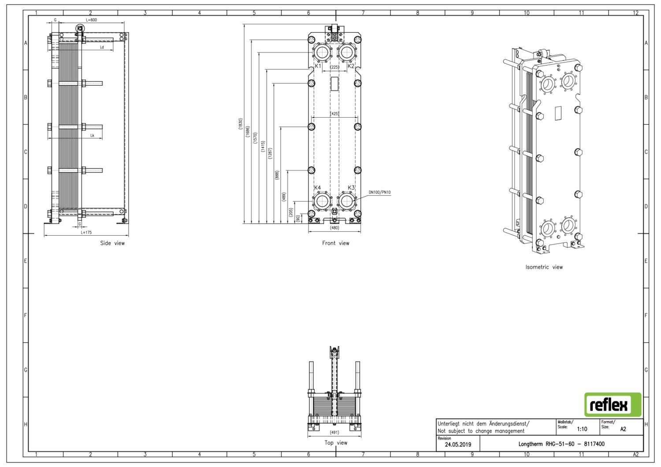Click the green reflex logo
tap(613, 404)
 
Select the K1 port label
tap(318, 66)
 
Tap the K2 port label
tap(351, 66)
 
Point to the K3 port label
tap(351, 188)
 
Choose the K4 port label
tap(318, 188)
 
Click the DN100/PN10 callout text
tap(379, 193)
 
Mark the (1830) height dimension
tap(240, 124)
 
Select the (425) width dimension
tap(334, 114)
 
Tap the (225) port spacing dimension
tap(334, 67)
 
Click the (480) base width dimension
tap(334, 228)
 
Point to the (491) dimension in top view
tap(334, 433)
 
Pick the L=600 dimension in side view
tap(91, 20)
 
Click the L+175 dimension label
tap(86, 232)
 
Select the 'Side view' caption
tap(112, 243)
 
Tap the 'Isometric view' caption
tap(544, 267)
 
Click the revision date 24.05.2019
tap(458, 445)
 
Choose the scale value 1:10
tap(582, 429)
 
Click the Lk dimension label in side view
tap(92, 136)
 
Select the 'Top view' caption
tap(336, 443)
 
